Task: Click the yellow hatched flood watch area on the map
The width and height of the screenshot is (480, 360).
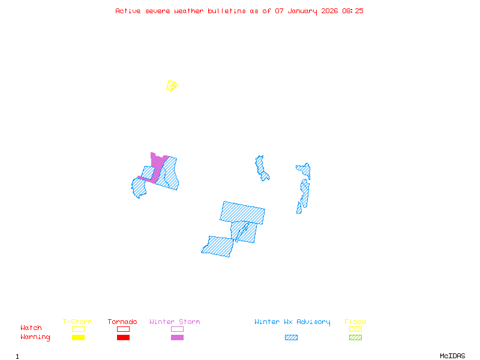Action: tap(172, 86)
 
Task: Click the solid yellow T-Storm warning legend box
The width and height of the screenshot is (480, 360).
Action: tap(78, 338)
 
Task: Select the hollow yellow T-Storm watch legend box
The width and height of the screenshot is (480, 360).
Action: tap(78, 329)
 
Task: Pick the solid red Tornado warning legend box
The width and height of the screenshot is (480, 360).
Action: tap(123, 338)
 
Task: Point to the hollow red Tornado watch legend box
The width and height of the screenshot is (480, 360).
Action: tap(123, 329)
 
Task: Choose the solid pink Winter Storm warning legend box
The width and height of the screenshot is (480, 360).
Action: tap(177, 338)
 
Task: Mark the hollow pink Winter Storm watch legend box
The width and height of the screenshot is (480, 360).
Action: tap(177, 329)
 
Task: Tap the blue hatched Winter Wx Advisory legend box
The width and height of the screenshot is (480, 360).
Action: tap(291, 338)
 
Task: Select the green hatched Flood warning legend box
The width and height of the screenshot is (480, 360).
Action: tap(355, 338)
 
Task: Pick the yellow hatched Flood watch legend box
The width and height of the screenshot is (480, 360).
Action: tap(355, 329)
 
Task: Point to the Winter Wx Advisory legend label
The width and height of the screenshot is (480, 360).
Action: tap(292, 322)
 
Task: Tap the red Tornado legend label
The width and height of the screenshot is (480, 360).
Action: tap(122, 322)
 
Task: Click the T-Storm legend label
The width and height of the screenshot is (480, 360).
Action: tap(77, 322)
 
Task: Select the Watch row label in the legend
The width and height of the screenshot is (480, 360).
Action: tap(31, 328)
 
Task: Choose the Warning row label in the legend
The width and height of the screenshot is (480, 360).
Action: tap(35, 337)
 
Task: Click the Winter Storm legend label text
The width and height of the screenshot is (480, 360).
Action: tap(175, 322)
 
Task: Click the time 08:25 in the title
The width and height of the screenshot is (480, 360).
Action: tap(353, 11)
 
